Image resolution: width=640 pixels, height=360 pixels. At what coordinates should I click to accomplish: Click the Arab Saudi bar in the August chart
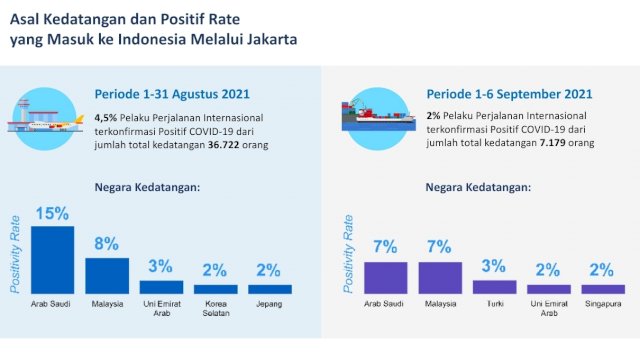coord(53,259)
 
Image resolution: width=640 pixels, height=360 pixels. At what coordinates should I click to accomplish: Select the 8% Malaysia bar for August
coord(107,275)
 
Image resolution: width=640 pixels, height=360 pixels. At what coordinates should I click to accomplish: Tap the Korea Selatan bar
coord(216,288)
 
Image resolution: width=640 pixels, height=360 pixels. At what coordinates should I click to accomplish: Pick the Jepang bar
coord(270,288)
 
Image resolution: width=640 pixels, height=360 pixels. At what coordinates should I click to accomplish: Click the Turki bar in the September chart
coord(494,286)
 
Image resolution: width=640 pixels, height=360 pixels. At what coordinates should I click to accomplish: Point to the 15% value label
coord(52,213)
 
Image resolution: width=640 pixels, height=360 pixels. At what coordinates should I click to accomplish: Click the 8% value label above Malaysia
coord(107,244)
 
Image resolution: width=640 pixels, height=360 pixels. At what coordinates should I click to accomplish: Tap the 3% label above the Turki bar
coord(494,266)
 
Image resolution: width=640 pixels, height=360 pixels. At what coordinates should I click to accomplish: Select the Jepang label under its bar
coord(270,303)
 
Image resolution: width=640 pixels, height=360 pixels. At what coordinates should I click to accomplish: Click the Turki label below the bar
coord(494,303)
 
